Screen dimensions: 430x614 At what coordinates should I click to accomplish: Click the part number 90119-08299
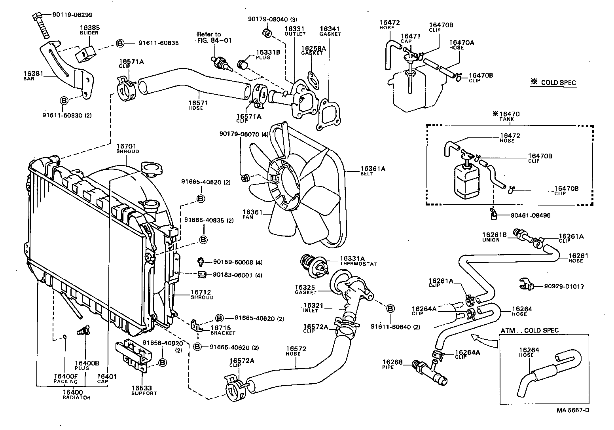72,15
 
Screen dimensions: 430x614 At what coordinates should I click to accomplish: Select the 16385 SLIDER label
89,30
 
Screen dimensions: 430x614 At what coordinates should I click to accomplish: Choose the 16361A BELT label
372,170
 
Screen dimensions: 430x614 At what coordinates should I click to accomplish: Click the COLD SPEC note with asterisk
554,83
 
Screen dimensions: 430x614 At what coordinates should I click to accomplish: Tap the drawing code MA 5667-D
573,410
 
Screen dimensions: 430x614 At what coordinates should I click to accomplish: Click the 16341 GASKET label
330,31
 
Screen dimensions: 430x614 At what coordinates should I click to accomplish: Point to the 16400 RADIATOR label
76,394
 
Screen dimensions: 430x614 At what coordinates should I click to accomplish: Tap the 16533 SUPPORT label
144,390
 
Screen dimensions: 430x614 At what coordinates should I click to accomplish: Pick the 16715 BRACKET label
223,330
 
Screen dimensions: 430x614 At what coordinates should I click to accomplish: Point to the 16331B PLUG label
268,55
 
